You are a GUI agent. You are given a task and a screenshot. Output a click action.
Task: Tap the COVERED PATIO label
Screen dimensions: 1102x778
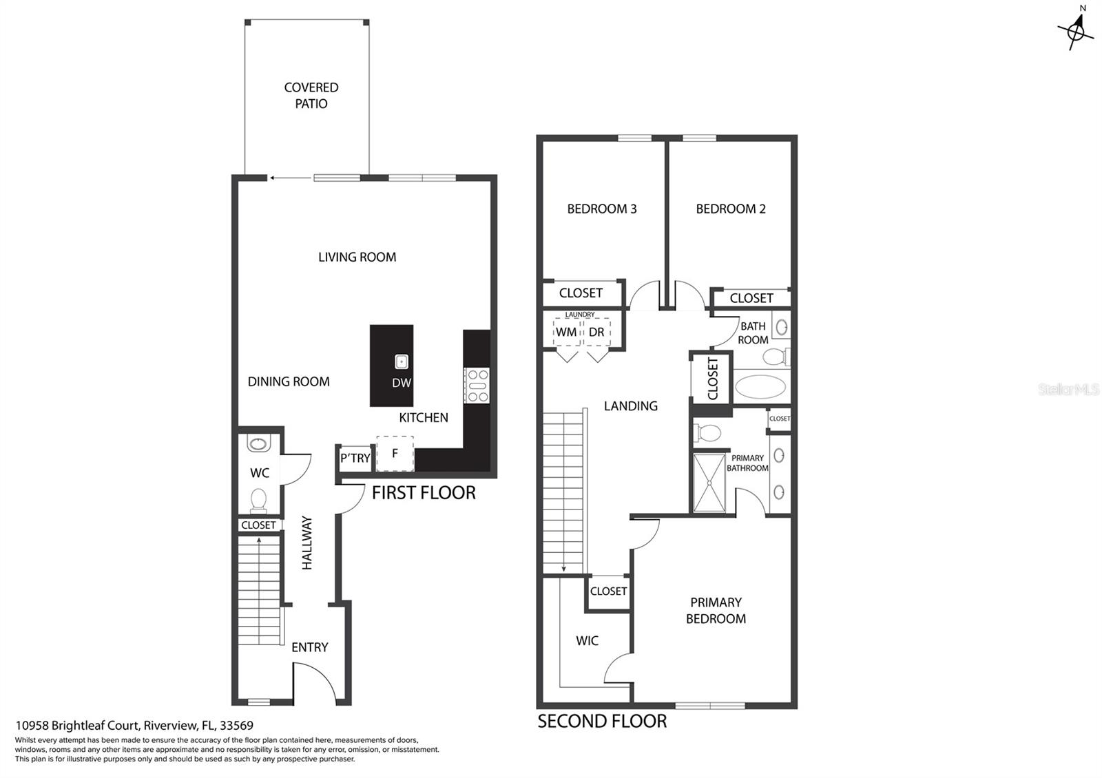click(x=311, y=96)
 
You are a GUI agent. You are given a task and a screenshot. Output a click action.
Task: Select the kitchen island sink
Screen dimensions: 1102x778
click(x=402, y=362)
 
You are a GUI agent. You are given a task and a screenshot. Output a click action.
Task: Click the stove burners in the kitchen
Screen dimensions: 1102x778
click(x=477, y=386)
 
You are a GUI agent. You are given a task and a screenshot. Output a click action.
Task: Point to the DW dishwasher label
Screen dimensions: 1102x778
click(x=402, y=383)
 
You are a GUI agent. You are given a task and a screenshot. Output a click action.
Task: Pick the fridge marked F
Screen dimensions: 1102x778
click(x=395, y=454)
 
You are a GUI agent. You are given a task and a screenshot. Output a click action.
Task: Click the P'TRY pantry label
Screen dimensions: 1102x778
click(x=355, y=459)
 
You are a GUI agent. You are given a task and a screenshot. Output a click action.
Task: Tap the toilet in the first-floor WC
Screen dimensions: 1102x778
click(x=259, y=501)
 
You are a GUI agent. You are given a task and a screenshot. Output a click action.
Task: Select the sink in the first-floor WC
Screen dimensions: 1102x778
click(x=258, y=443)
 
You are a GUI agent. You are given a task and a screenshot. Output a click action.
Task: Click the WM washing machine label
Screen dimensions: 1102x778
click(x=566, y=332)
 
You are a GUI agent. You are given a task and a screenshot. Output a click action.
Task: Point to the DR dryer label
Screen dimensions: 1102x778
click(x=596, y=332)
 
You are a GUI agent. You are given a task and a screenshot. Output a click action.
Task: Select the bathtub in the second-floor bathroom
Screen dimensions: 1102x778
click(x=760, y=386)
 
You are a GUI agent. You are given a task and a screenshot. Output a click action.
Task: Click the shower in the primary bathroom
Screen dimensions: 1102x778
click(x=709, y=483)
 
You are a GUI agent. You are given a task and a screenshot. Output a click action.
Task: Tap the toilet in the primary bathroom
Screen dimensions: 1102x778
click(x=707, y=433)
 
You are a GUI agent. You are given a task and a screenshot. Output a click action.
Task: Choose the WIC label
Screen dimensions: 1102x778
click(x=587, y=640)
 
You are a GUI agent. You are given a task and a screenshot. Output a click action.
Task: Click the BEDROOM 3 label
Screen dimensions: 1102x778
click(x=602, y=209)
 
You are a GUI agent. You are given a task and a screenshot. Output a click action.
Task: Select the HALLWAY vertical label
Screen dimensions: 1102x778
click(x=307, y=543)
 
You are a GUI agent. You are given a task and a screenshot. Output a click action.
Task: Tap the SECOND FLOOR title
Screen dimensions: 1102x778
click(x=602, y=721)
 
